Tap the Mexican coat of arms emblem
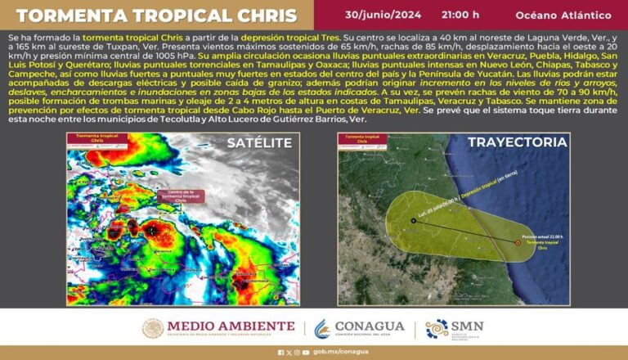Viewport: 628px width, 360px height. pos(153,328)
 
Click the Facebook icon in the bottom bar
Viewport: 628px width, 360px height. pos(280,353)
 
